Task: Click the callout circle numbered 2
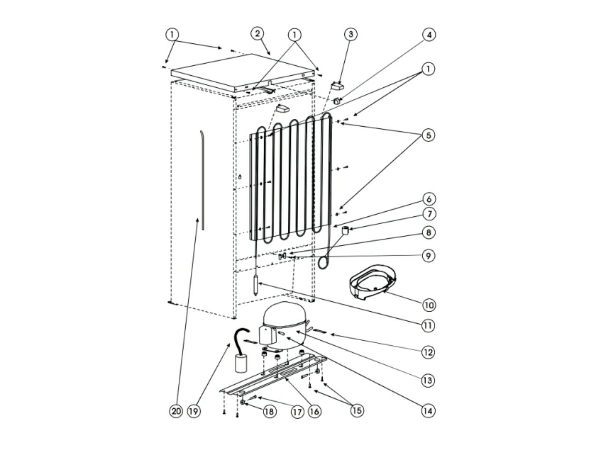[257, 34]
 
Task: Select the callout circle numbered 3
[351, 35]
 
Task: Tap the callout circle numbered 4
[429, 35]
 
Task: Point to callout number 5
[429, 135]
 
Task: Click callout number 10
[429, 305]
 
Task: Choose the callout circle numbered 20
[176, 411]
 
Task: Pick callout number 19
[194, 411]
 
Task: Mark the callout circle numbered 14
[428, 410]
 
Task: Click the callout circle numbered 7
[429, 213]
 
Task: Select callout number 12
[428, 352]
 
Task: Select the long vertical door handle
[202, 180]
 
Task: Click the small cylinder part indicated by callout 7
[346, 230]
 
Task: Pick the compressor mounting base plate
[275, 376]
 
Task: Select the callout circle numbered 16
[314, 411]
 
